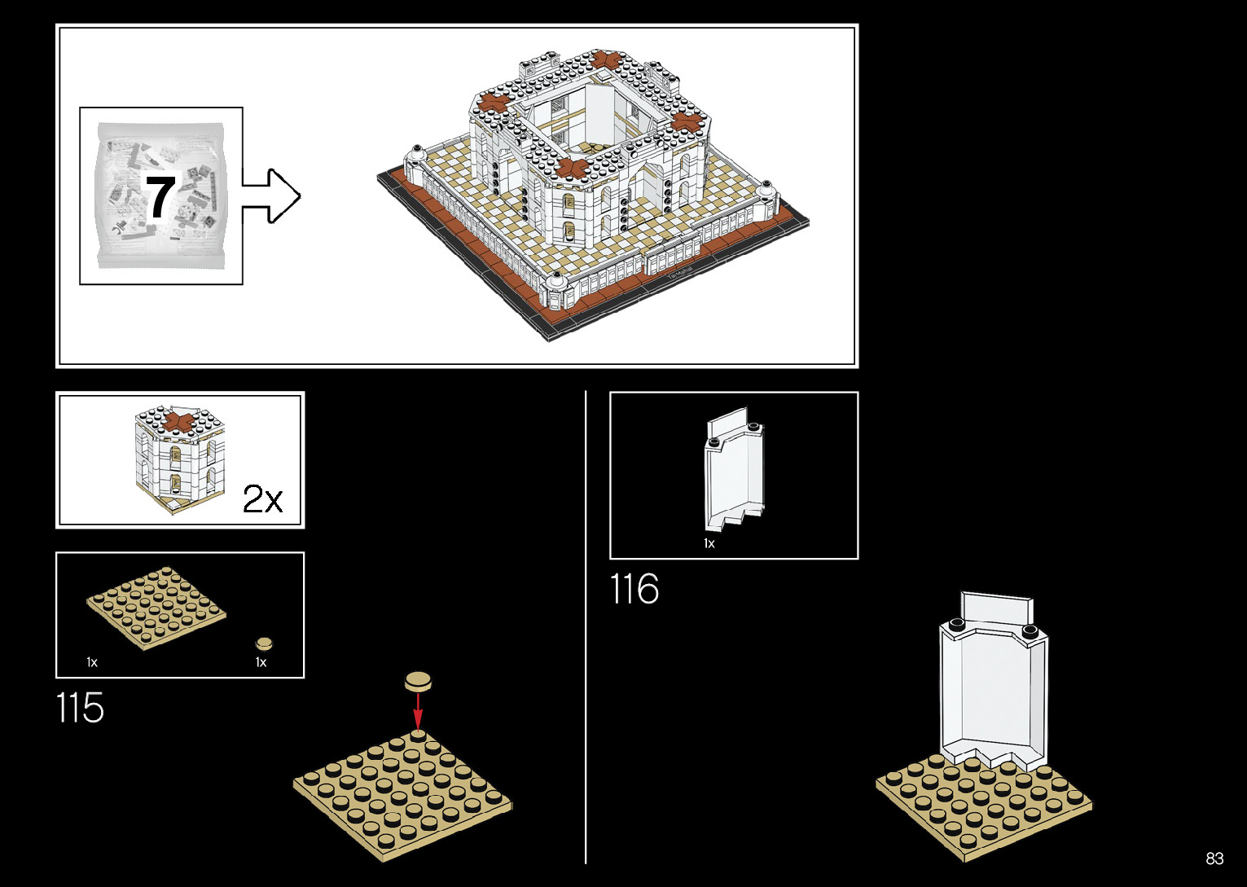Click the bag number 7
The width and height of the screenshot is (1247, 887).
tap(160, 196)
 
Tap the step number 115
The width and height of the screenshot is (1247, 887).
tap(81, 708)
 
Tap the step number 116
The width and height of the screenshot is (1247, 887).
tap(634, 589)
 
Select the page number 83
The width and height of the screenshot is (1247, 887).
tap(1214, 858)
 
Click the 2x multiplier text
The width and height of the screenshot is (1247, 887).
tap(262, 499)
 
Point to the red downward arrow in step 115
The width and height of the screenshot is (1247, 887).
tap(418, 710)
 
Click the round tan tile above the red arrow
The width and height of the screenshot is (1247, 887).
tap(419, 681)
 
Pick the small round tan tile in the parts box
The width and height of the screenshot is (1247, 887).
tap(264, 643)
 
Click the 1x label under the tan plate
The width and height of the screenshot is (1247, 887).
tap(92, 662)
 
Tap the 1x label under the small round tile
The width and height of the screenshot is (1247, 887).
tap(261, 662)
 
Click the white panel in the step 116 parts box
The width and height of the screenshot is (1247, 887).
tap(735, 472)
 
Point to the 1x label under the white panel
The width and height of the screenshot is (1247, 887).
tap(709, 543)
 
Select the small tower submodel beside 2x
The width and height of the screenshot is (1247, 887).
tap(179, 460)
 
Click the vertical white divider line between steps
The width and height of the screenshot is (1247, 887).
tap(586, 627)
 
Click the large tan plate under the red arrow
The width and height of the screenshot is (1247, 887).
tap(402, 794)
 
